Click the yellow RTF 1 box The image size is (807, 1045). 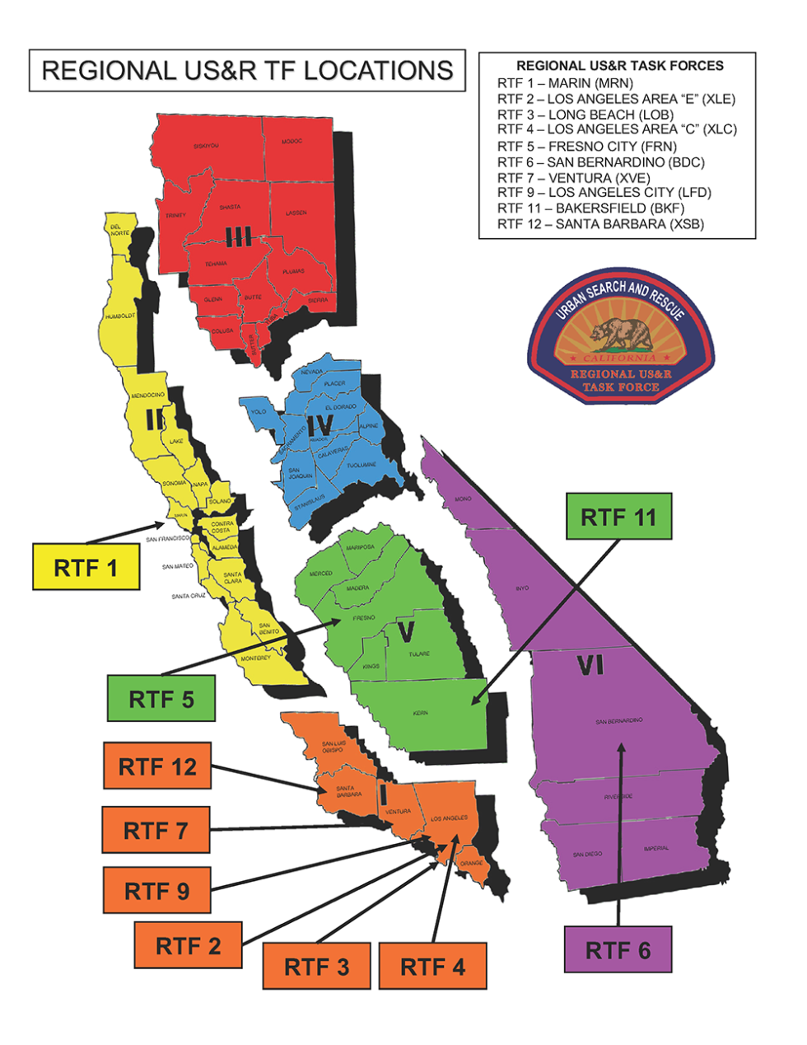tap(86, 567)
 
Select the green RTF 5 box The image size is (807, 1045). tap(161, 699)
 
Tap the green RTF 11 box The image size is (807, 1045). tap(618, 517)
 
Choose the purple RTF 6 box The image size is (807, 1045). tap(618, 949)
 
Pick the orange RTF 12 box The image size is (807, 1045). tap(157, 766)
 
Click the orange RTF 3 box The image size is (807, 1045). tap(316, 966)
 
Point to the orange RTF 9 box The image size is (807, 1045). tap(156, 890)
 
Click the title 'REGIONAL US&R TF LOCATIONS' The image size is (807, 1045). tap(247, 71)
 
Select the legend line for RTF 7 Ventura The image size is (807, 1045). tap(573, 178)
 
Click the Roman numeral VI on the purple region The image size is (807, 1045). tap(590, 665)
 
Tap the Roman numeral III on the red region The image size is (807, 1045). tap(238, 238)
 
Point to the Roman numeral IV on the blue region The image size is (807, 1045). tap(320, 424)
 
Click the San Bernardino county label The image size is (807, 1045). tap(619, 722)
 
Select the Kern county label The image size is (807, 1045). tap(420, 713)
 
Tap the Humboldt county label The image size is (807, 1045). tap(120, 316)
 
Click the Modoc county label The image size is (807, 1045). tap(292, 142)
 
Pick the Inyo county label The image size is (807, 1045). tap(522, 588)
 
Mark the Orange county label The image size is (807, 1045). tap(471, 864)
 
